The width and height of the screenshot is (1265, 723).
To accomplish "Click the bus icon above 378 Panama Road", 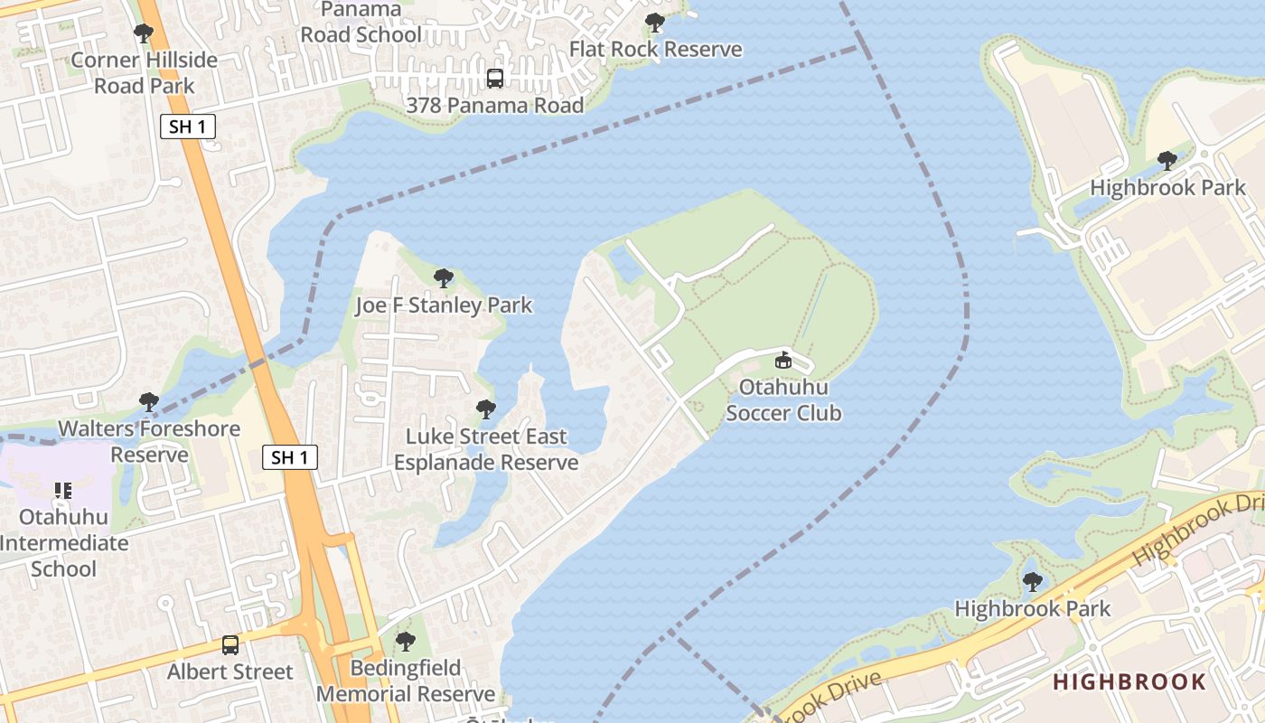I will pos(495,79).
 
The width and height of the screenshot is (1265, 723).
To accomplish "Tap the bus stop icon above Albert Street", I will pos(230,645).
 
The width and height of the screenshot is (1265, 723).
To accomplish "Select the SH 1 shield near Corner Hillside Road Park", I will pos(188,127).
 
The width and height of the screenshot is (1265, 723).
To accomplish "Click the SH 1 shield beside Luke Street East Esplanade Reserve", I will pos(290,457).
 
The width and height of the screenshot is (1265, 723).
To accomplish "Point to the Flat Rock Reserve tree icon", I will pos(655,23).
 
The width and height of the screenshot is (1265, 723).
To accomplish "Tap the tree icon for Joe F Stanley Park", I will pos(443,277).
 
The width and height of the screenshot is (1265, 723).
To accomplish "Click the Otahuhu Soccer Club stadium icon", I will pos(783,361).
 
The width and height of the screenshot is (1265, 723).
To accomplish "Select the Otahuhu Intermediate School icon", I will pos(62,491).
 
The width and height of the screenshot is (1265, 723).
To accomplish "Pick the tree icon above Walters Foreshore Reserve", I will pos(149,401).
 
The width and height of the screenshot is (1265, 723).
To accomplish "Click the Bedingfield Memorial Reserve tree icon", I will pos(406,642).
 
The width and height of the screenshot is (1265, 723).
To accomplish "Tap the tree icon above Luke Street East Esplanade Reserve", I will pos(486,409).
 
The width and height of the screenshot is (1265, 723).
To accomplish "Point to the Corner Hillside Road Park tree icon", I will pos(143,33).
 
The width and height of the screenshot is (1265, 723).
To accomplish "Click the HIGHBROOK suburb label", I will pos(1129,681).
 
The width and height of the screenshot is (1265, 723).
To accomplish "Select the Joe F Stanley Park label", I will pos(444,305).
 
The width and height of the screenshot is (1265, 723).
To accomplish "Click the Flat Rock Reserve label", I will pos(655,50).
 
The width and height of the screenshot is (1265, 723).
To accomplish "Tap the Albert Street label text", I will pos(230,671).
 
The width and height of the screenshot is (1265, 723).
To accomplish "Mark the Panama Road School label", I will pos(361,23).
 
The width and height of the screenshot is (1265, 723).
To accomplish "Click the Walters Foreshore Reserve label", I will pos(149,441).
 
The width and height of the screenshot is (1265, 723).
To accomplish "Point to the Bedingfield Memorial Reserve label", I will pos(406,681).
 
